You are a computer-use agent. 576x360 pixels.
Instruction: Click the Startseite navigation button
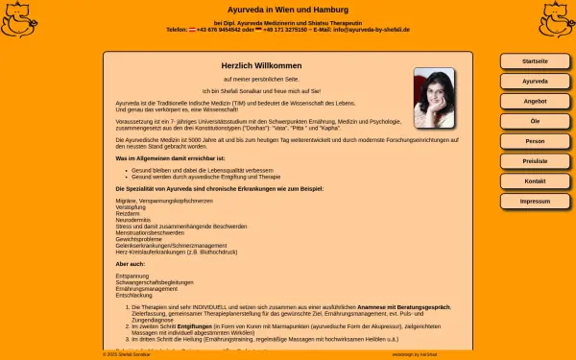pos(535,61)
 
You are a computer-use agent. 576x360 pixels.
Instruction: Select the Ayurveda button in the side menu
pos(535,82)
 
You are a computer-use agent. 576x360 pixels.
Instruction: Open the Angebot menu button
pos(535,101)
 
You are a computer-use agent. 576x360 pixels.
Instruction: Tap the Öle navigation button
pos(535,121)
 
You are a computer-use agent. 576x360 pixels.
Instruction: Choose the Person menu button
pos(535,141)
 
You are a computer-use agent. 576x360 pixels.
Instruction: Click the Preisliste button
pos(535,161)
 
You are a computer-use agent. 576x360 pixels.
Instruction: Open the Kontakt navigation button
pos(535,181)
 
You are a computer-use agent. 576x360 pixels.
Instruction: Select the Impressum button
pos(535,202)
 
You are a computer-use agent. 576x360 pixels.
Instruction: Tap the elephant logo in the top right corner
pos(556,19)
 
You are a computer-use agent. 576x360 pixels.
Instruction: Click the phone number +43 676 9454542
pos(215,30)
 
